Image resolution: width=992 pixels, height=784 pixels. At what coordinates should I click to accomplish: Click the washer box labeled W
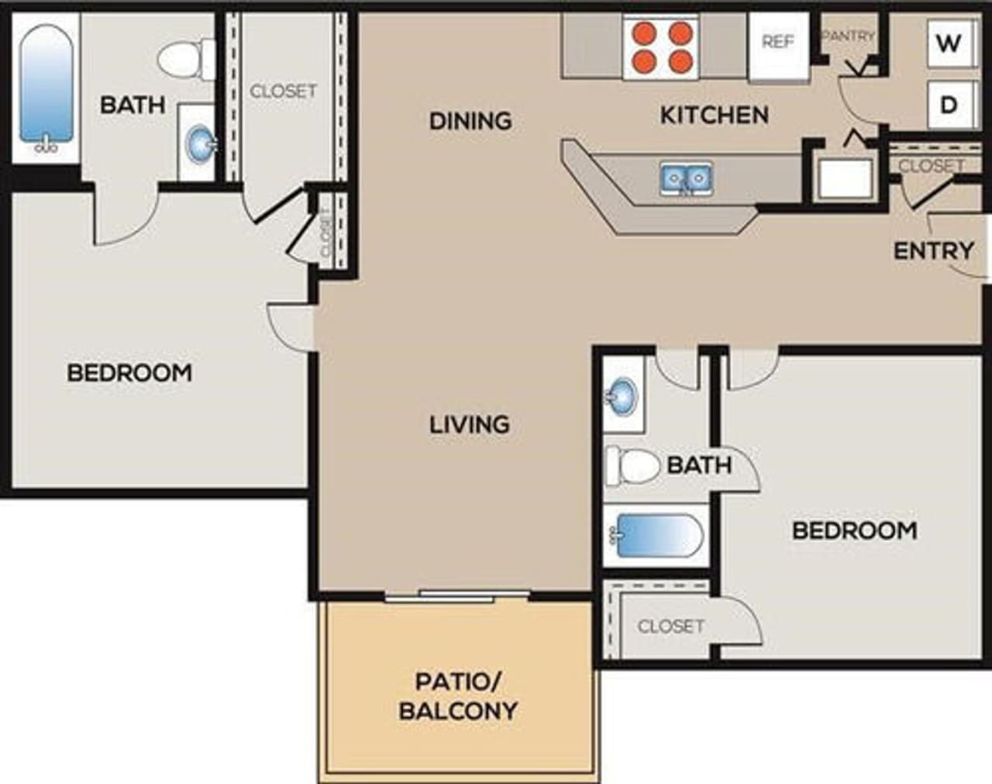(948, 43)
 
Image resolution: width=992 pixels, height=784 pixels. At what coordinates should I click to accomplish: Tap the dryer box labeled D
(948, 105)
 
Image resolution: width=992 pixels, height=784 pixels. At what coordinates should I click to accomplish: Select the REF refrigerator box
(778, 43)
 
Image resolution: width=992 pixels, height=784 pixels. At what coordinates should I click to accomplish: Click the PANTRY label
(847, 36)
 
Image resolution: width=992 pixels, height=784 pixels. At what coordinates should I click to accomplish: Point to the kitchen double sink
(686, 178)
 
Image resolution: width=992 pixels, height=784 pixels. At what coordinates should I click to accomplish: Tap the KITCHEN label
(714, 116)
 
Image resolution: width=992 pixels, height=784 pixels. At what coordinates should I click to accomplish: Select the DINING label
(470, 121)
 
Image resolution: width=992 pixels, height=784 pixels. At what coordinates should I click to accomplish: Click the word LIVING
(470, 424)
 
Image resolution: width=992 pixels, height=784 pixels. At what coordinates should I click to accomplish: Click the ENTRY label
(933, 250)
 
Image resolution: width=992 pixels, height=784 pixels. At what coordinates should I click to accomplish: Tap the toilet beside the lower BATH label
(633, 465)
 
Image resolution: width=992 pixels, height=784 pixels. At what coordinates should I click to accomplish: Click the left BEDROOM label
(129, 373)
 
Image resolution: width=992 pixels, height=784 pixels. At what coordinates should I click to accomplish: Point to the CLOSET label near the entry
(930, 165)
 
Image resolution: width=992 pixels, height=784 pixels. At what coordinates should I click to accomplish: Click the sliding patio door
(457, 596)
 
